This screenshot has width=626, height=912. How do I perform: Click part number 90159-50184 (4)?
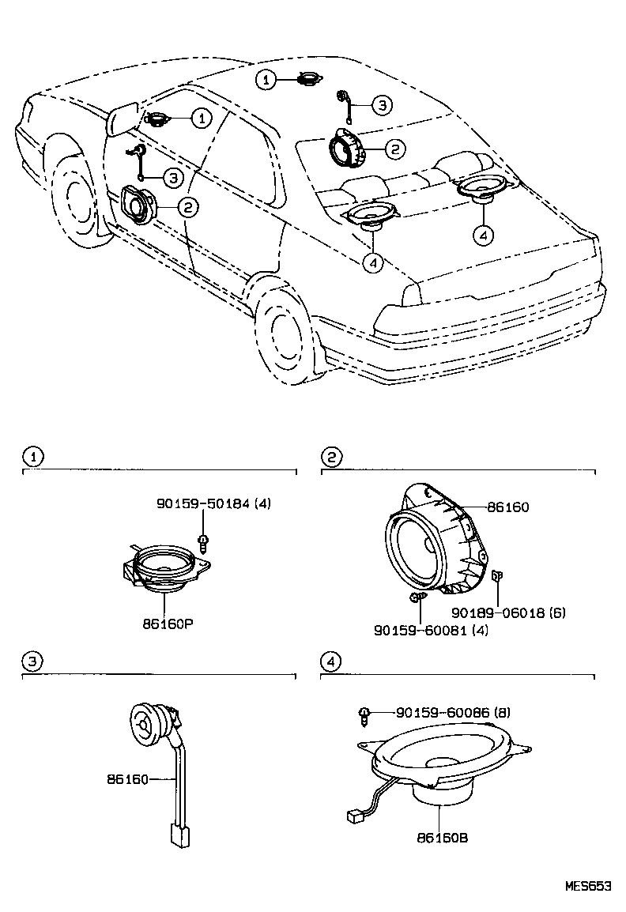214,503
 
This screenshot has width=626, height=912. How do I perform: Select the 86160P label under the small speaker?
168,624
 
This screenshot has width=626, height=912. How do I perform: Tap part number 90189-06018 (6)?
508,612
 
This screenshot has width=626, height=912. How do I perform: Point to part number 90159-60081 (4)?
431,630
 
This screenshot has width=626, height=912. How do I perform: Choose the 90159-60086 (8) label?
453,712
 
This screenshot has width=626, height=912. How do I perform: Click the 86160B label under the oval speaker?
443,839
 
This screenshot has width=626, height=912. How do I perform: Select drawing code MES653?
588,887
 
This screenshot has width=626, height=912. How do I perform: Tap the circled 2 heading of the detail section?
333,457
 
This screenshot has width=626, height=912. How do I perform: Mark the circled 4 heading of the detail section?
331,661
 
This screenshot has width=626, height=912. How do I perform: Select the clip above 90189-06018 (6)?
497,576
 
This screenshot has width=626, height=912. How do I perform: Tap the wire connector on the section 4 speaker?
354,817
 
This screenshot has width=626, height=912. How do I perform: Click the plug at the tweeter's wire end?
179,836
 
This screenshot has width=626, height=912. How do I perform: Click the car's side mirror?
123,119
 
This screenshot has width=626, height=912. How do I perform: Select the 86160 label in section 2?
508,507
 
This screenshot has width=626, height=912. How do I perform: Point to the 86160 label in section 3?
127,778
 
